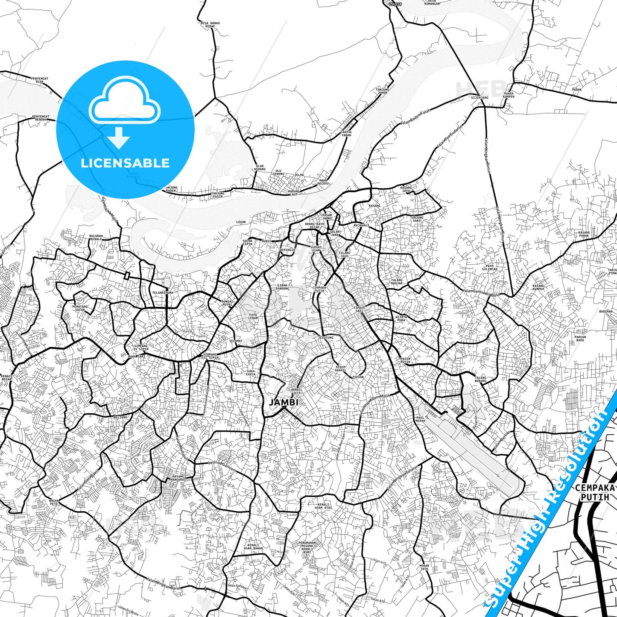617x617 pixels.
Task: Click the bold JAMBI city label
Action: (284, 402)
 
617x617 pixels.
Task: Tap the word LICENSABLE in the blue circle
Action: (125, 163)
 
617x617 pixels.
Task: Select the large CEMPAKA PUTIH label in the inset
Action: (595, 492)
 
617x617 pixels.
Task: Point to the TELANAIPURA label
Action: (163, 293)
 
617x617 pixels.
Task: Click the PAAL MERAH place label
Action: (420, 419)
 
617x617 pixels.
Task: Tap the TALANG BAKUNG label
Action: (480, 379)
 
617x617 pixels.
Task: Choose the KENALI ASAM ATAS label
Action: (323, 506)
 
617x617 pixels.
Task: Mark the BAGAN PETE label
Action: (54, 502)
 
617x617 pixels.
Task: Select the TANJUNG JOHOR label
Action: (382, 91)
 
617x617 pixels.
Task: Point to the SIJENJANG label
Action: (479, 98)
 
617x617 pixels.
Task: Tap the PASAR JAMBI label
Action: (327, 216)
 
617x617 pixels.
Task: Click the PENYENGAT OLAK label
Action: (40, 80)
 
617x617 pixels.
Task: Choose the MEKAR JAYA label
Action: (424, 567)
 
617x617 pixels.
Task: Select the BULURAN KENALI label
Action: (96, 237)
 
